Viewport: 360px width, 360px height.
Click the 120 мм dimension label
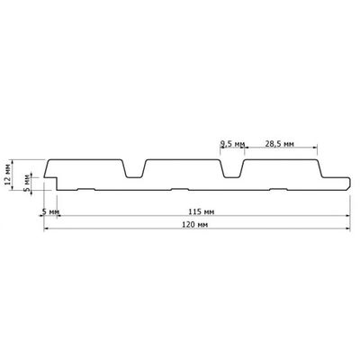[x=195, y=224]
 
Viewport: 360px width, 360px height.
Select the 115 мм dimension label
[x=201, y=211]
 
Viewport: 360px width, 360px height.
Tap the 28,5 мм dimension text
[x=279, y=144]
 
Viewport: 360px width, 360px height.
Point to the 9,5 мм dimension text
[x=232, y=144]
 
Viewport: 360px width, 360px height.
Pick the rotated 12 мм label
[x=8, y=176]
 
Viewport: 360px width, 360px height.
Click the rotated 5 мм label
[x=27, y=183]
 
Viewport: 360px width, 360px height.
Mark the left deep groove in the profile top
[x=133, y=168]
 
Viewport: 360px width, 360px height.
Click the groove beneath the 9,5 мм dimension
[x=232, y=168]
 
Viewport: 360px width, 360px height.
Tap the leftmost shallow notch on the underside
[x=86, y=189]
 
